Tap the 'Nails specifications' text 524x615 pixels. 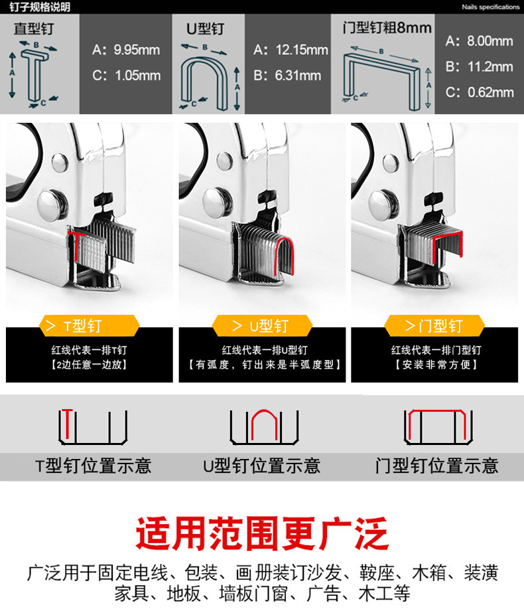click(490, 7)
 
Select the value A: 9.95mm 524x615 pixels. click(126, 50)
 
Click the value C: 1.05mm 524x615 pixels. click(126, 75)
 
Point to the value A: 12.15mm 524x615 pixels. click(291, 50)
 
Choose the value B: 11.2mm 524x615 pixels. click(479, 66)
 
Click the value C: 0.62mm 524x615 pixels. click(479, 92)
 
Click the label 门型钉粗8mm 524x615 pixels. click(387, 28)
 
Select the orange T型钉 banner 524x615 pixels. click(89, 326)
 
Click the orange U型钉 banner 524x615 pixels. click(261, 326)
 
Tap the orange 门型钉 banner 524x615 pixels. click(434, 326)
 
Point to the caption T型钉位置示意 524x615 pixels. click(93, 466)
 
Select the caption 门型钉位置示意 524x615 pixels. click(436, 466)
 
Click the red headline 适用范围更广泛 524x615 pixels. click(261, 533)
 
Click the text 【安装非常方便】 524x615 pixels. click(435, 365)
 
